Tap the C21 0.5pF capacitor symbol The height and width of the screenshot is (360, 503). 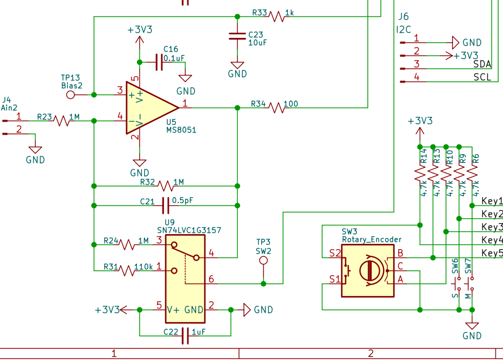coord(166,206)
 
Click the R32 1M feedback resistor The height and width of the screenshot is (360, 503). coord(166,186)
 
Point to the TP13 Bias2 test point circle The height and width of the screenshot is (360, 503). coord(70,95)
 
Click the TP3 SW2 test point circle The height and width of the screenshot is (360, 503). coord(263,261)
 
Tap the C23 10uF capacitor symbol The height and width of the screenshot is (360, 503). coord(237,36)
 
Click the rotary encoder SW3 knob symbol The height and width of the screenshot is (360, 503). coord(368,270)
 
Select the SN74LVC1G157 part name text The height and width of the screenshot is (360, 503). coord(189,230)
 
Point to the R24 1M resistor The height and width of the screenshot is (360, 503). coord(128,245)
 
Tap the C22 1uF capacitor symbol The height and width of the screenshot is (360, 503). coord(185,335)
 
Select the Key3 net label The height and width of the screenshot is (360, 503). coord(492,226)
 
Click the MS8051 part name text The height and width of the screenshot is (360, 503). coord(181,130)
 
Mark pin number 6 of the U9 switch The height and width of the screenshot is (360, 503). coord(211,279)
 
